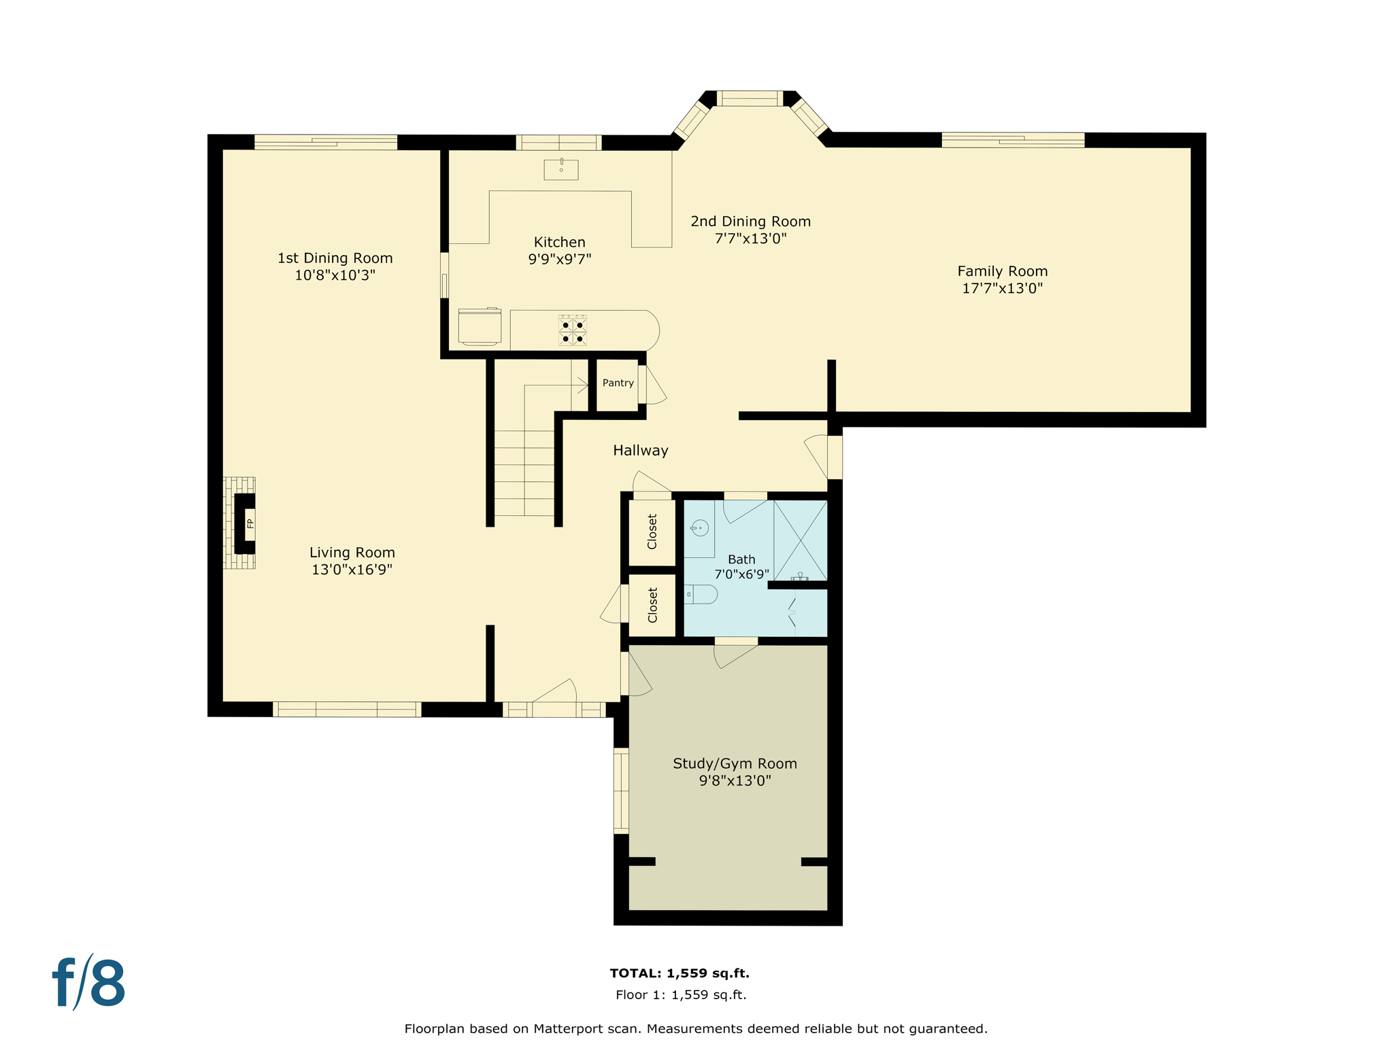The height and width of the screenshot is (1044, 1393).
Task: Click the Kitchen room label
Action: point(559,242)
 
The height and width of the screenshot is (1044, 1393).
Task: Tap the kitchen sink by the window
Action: point(561,169)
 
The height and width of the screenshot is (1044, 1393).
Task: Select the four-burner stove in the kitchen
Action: point(572,330)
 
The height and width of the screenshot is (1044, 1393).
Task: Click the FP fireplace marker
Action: point(250,523)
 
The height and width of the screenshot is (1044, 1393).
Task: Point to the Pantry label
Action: point(618,383)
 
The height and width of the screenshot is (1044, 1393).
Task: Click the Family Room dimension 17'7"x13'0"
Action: point(1002,288)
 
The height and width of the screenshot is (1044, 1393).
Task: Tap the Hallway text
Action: point(640,450)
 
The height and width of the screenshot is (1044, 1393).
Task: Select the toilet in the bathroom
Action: point(701,594)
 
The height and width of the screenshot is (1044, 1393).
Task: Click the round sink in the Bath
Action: point(700,528)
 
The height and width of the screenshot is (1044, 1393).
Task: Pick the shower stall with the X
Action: point(801,540)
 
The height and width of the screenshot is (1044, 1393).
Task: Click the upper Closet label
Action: point(652,532)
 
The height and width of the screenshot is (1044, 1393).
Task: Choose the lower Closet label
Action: point(652,605)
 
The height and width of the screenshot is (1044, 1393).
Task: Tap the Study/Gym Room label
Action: point(735,763)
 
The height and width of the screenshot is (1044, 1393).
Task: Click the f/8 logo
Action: point(89,983)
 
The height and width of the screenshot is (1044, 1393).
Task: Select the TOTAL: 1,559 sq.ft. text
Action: point(679,973)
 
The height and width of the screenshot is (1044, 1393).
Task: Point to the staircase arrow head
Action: point(584,386)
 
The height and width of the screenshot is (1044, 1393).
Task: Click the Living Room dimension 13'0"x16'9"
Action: point(352,570)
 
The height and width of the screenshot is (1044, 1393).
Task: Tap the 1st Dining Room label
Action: point(335,258)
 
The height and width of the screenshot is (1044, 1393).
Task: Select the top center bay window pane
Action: point(750,99)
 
